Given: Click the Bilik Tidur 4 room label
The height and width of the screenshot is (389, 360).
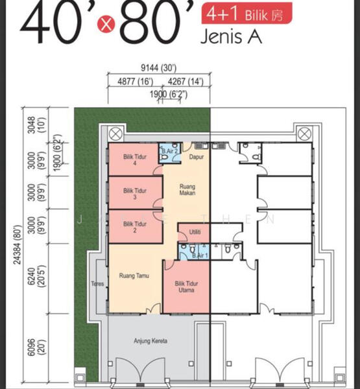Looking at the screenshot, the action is [x=135, y=160].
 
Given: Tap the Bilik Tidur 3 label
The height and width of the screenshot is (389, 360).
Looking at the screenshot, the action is [x=135, y=194].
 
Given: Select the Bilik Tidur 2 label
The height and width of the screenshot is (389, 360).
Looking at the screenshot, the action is [x=135, y=227].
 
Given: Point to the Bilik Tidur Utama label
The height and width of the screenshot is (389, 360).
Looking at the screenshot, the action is [x=186, y=287].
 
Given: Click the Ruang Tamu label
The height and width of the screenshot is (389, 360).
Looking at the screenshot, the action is [x=134, y=276].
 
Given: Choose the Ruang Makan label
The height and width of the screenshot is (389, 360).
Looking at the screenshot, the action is [x=187, y=189].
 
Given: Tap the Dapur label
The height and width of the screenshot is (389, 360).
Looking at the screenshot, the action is [x=197, y=157].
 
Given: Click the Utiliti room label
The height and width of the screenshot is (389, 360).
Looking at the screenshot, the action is [x=195, y=232].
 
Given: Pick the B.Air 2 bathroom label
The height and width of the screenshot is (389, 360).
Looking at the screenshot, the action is [x=169, y=151].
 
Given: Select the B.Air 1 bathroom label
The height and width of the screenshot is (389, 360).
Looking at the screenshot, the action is [x=200, y=255].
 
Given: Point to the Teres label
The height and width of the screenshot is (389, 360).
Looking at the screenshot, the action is [x=97, y=283].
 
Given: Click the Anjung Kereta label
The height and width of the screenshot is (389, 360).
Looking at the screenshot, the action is [x=150, y=341].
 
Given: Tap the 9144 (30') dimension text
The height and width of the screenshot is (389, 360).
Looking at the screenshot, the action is [x=159, y=67].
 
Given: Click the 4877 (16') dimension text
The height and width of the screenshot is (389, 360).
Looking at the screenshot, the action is [x=136, y=82].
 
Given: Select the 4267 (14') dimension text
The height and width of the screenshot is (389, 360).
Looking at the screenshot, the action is [x=186, y=82].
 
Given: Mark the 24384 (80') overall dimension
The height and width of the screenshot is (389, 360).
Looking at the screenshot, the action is [x=18, y=244].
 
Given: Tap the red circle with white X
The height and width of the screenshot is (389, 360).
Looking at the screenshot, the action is [x=106, y=24].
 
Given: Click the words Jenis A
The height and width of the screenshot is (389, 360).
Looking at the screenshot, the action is [x=231, y=36].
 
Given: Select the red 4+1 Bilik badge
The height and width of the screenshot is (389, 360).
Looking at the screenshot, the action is [x=246, y=13].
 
